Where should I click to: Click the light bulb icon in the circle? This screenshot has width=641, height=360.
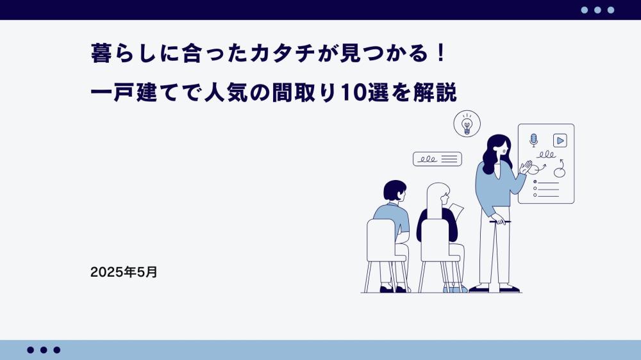click(467, 124)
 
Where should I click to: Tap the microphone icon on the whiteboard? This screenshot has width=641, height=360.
click(533, 140)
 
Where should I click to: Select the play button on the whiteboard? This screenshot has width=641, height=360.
click(560, 140)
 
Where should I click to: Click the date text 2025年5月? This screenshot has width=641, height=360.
click(124, 272)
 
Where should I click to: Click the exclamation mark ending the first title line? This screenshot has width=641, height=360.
click(441, 54)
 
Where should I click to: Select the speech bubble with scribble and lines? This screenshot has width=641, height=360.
click(437, 159)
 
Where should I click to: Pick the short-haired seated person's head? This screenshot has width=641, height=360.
click(395, 191)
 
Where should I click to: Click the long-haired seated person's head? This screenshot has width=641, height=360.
click(438, 195)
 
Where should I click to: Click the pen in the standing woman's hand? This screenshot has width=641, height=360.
click(500, 222)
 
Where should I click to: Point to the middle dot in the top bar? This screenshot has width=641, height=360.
click(597, 10)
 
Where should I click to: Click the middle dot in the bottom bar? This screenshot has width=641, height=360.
click(44, 350)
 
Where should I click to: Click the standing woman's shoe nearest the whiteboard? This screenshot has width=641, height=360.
click(510, 290)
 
